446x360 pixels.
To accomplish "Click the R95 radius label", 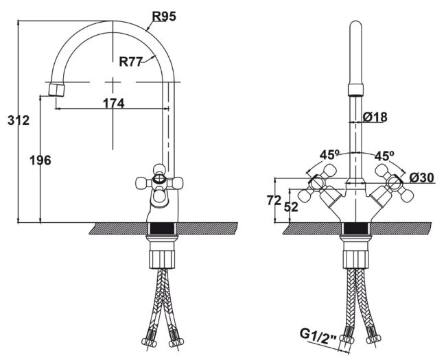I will pyautogui.click(x=163, y=16).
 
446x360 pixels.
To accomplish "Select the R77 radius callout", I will pyautogui.click(x=130, y=62).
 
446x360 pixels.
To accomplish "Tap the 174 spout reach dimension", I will pyautogui.click(x=113, y=104).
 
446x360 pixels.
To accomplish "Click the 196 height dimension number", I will pyautogui.click(x=41, y=160).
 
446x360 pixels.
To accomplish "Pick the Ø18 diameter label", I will pyautogui.click(x=375, y=117).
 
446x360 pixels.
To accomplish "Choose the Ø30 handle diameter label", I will pyautogui.click(x=422, y=178).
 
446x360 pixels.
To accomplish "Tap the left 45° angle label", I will pyautogui.click(x=329, y=155).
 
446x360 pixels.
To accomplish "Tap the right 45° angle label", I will pyautogui.click(x=384, y=155).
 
